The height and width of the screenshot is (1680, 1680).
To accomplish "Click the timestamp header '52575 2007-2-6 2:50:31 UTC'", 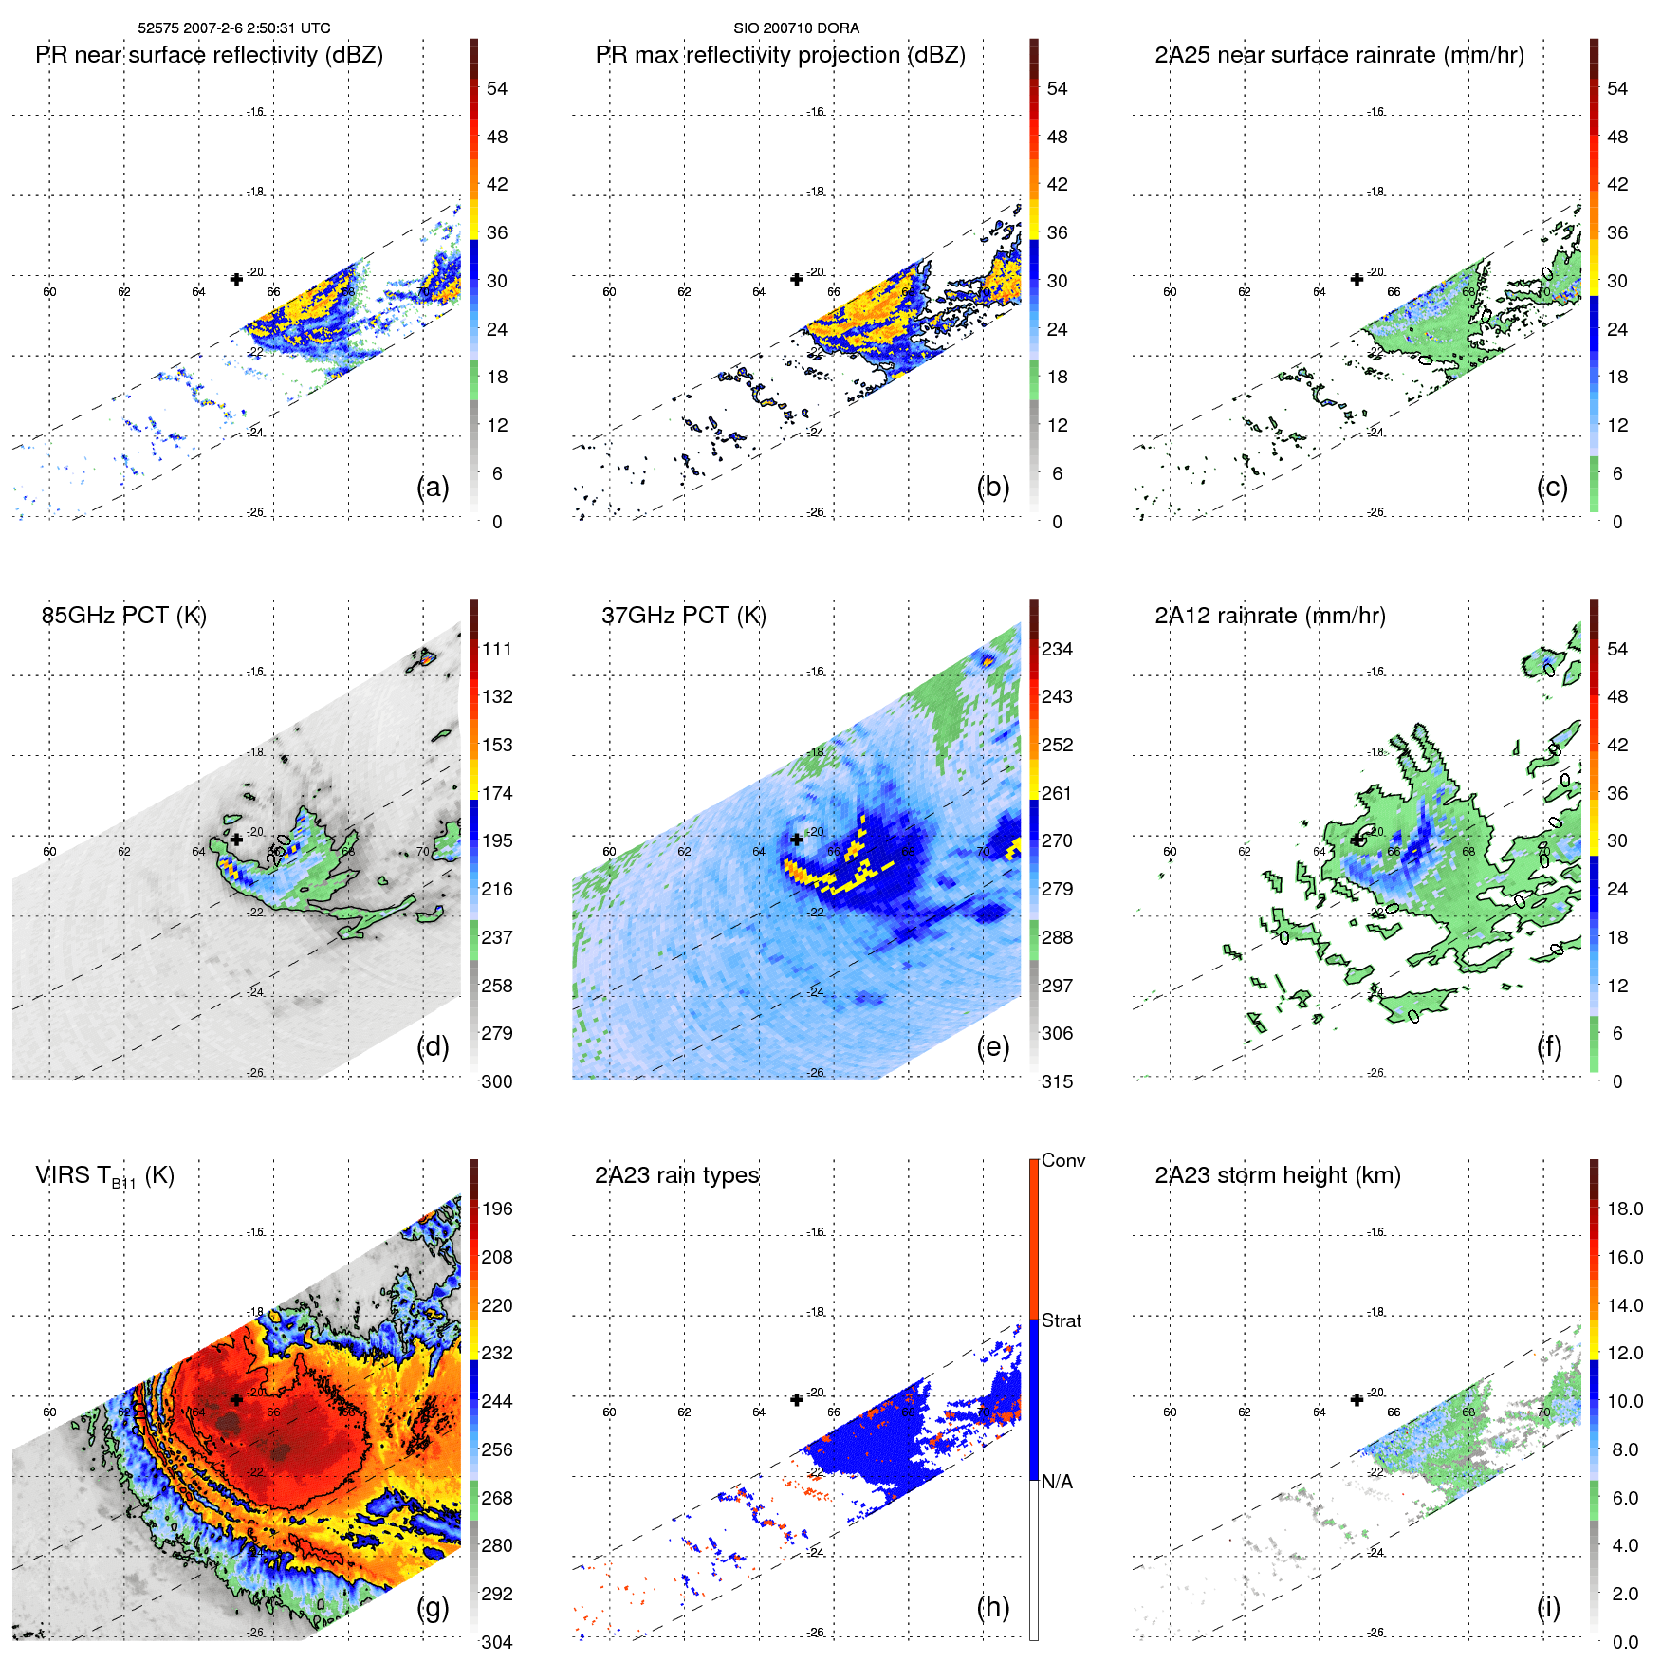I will point(233,28).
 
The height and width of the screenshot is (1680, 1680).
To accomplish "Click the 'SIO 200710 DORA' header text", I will point(796,28).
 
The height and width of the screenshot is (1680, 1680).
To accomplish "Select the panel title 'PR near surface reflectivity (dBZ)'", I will point(209,55).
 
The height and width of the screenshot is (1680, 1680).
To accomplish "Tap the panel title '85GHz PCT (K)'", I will point(123,616).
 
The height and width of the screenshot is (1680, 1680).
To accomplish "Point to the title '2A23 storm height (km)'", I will point(1277,1175).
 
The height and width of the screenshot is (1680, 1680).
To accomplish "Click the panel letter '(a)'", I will point(434,488).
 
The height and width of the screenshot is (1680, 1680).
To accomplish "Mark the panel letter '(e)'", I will point(993,1047).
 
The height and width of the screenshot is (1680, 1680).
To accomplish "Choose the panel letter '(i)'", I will point(1548,1607).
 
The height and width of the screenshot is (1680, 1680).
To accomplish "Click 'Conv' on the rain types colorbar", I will point(1062,1160).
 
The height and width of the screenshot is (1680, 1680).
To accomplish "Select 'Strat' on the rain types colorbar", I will point(1061,1320).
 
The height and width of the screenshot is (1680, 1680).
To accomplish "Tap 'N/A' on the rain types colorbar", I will point(1057,1482).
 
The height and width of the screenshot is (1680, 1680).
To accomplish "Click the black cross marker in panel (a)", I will point(236,279).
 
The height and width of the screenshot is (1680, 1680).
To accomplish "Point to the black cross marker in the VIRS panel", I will point(236,1399).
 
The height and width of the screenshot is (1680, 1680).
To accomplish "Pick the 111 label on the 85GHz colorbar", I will point(497,650).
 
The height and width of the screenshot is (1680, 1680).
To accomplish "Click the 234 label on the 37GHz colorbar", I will point(1057,650).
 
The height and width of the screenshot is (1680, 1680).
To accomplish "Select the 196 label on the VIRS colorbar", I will point(497,1209).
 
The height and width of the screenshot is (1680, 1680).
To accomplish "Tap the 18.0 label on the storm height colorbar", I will point(1625,1209).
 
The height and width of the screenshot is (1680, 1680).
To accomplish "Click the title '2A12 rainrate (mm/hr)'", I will point(1269,616).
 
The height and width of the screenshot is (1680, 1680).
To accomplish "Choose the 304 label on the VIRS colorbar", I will point(497,1642).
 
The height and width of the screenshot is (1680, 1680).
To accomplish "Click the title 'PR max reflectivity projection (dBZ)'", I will point(780,55).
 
